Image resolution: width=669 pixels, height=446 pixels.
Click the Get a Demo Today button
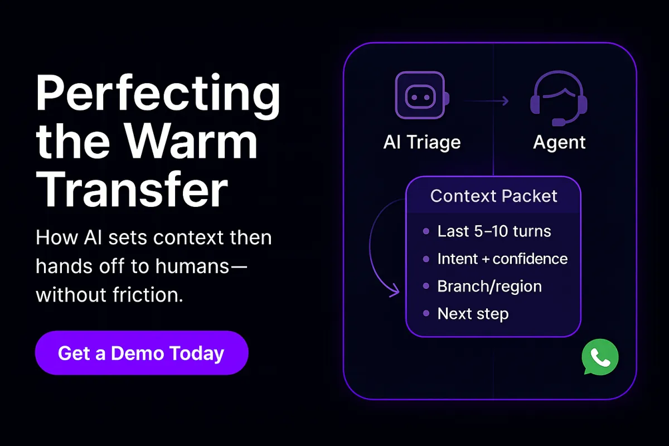click(x=141, y=353)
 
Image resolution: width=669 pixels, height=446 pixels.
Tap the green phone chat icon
click(x=600, y=357)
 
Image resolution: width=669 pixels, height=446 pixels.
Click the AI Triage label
click(x=422, y=142)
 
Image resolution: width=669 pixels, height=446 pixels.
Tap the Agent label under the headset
click(x=559, y=142)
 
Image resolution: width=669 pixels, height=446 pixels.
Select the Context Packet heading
click(x=493, y=196)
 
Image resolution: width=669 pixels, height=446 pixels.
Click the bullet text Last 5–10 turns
click(x=494, y=231)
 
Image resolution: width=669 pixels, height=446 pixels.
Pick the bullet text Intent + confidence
click(x=502, y=259)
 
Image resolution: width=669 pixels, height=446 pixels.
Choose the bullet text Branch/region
click(x=489, y=287)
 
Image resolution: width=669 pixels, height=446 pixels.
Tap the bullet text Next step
click(x=473, y=314)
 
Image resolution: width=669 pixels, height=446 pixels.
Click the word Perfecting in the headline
click(x=158, y=95)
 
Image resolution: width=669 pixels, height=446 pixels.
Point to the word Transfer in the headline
click(x=132, y=190)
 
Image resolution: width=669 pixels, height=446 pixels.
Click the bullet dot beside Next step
click(x=426, y=314)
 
